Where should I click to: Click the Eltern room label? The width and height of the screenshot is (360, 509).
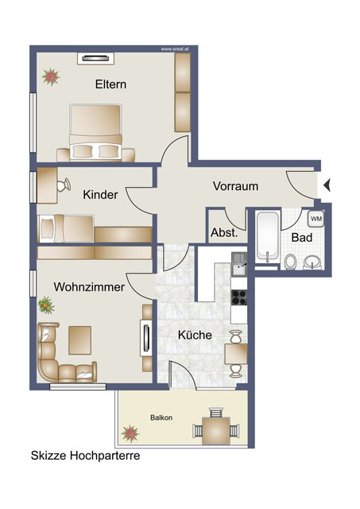pyautogui.click(x=111, y=84)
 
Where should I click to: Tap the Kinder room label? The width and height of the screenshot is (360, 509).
pyautogui.click(x=100, y=195)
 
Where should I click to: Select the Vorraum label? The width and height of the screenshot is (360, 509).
pyautogui.click(x=235, y=186)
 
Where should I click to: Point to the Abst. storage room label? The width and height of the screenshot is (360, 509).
pyautogui.click(x=223, y=234)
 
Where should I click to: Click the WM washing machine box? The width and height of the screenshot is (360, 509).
pyautogui.click(x=315, y=219)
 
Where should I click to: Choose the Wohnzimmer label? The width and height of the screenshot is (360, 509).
pyautogui.click(x=88, y=287)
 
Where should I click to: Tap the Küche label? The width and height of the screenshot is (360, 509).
pyautogui.click(x=195, y=335)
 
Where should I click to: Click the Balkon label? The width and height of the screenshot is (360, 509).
pyautogui.click(x=161, y=418)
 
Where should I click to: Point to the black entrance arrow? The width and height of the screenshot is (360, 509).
pyautogui.click(x=327, y=186)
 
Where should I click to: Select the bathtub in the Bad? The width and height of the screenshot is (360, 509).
pyautogui.click(x=269, y=237)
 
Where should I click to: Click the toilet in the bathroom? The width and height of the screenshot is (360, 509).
pyautogui.click(x=291, y=261)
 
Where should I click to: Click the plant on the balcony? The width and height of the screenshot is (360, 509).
pyautogui.click(x=129, y=433)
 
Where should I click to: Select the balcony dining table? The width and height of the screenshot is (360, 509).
pyautogui.click(x=215, y=430)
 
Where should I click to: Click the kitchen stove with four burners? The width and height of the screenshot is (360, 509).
pyautogui.click(x=239, y=297)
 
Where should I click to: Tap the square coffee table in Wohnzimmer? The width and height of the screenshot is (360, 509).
pyautogui.click(x=80, y=340)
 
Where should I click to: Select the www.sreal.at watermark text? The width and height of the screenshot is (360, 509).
pyautogui.click(x=176, y=49)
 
